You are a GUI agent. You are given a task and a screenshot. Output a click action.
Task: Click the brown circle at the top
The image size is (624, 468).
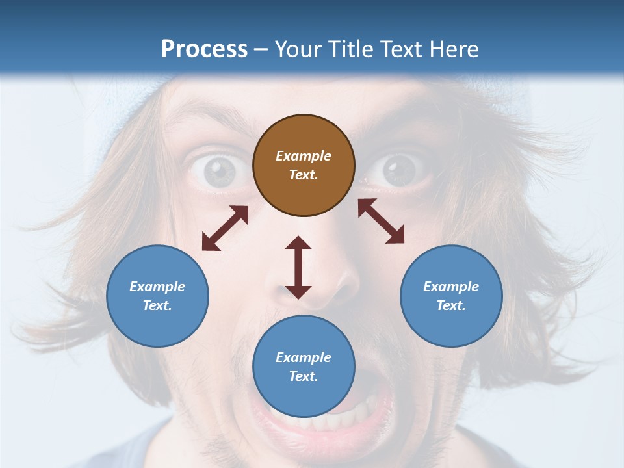tap(304, 166)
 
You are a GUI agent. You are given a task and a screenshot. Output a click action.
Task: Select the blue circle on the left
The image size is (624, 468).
tap(157, 296)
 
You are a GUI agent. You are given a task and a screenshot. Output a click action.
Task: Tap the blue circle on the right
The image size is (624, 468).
tap(451, 296)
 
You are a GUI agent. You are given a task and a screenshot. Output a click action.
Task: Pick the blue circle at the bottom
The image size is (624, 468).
tap(304, 367)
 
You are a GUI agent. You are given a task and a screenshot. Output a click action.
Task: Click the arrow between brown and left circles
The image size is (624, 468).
tap(225, 228)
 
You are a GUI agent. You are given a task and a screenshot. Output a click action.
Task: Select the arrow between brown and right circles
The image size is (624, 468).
tap(381, 221)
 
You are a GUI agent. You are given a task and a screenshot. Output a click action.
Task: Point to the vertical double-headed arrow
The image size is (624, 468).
tap(298, 267)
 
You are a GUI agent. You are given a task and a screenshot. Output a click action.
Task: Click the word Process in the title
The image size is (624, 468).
tap(204, 49)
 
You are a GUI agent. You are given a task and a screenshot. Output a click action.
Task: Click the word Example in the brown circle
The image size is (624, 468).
tap(304, 156)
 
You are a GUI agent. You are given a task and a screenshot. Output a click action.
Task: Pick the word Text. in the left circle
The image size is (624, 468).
tap(157, 305)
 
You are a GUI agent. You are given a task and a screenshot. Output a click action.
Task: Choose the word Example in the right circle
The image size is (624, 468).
tap(451, 287)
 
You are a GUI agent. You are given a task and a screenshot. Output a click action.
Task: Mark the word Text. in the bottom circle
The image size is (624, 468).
tap(304, 376)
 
